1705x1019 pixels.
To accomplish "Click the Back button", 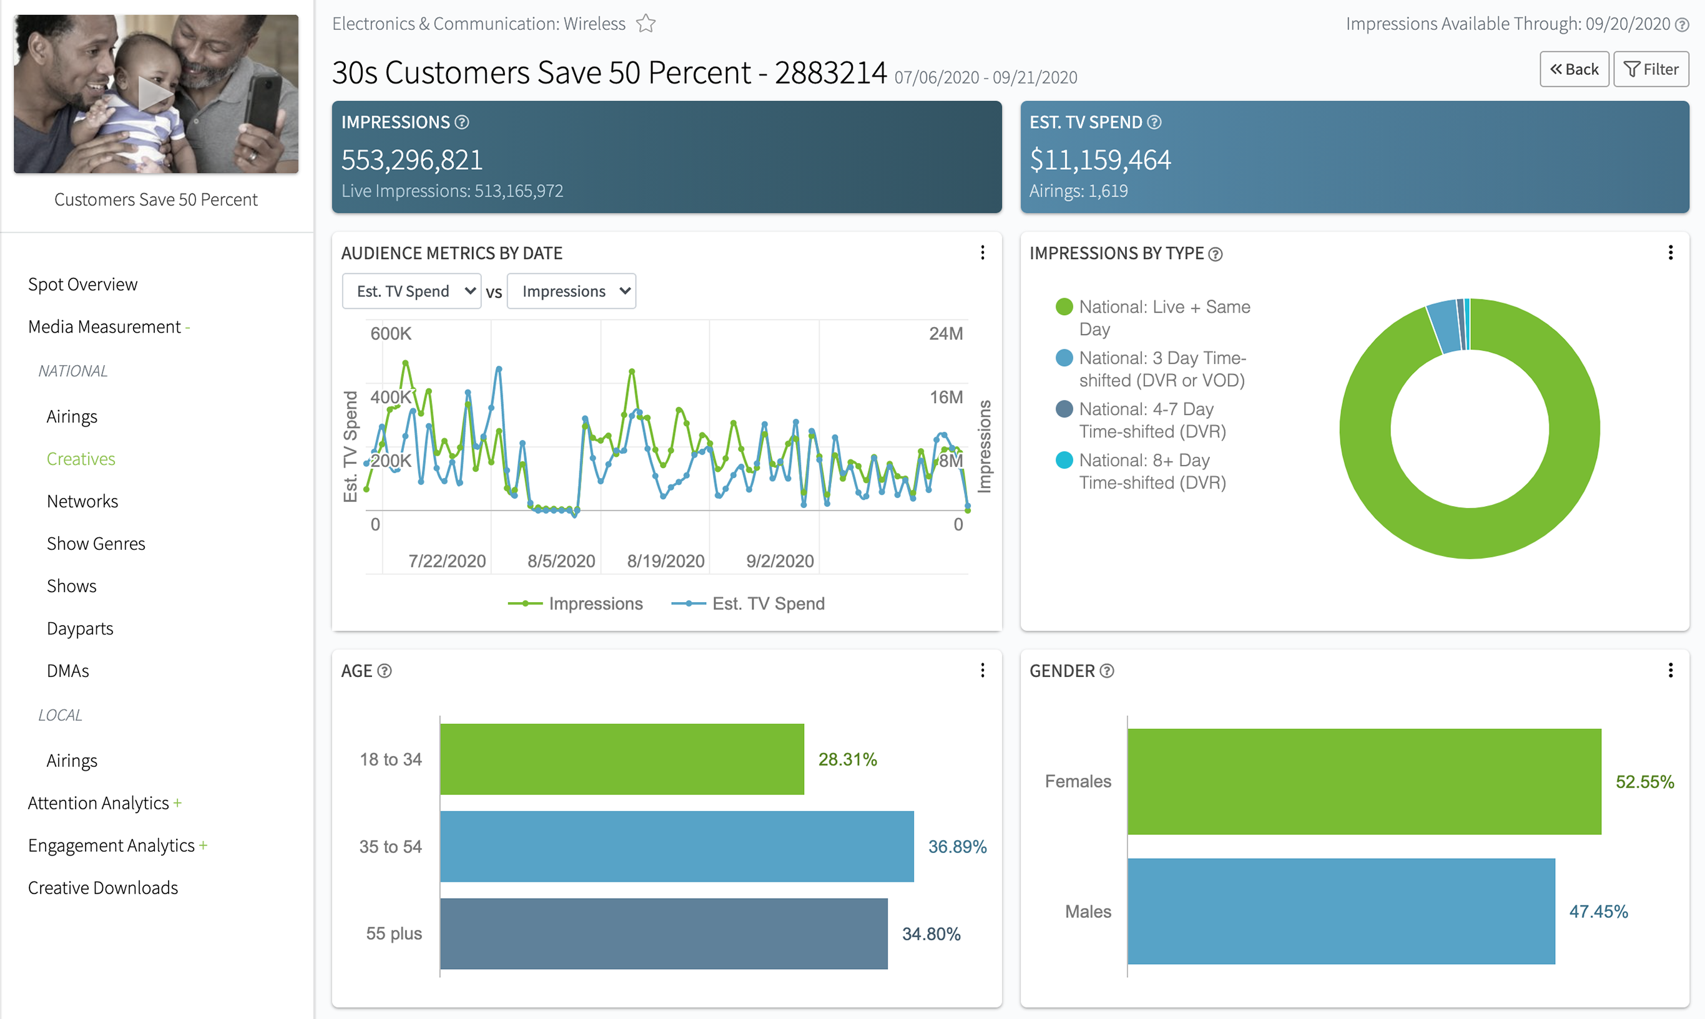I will point(1574,69).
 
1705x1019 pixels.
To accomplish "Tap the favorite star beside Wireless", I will point(646,24).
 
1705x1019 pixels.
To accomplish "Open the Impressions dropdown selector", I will point(571,291).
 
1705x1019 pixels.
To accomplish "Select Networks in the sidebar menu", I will point(82,501).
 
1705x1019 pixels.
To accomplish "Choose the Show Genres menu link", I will point(96,544).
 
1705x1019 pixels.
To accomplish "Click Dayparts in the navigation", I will point(80,628).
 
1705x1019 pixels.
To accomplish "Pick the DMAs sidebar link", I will point(68,671).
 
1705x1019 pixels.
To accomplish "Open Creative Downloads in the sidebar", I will point(103,888).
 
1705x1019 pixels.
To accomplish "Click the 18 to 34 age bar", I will point(622,759).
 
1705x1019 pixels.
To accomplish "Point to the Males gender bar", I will point(1341,911).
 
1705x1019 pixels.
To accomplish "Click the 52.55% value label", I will point(1644,782).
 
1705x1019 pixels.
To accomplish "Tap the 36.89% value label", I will point(957,847).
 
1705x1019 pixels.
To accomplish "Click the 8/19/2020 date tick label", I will point(666,561).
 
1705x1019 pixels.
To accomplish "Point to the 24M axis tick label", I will point(946,334).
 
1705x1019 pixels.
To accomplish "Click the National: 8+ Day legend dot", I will point(1064,460).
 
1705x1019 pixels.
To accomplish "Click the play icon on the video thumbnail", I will point(155,94).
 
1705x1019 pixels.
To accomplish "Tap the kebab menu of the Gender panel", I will point(1671,670).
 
